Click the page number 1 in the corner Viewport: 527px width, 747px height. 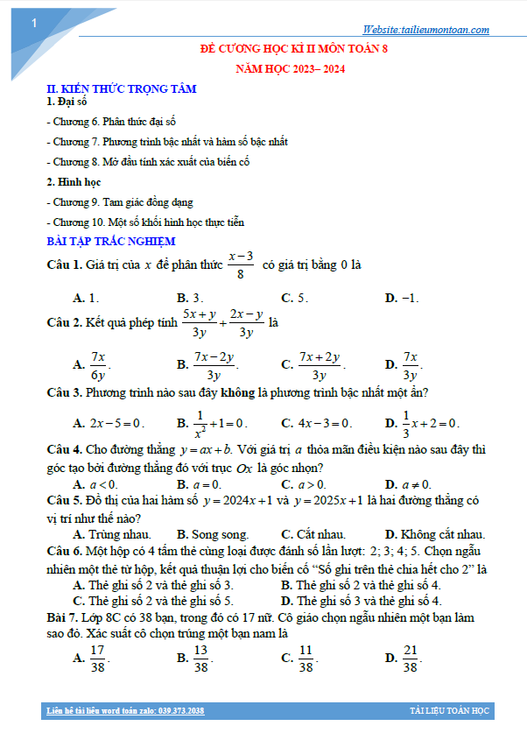click(x=32, y=24)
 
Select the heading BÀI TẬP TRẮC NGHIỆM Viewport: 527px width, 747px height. click(x=111, y=241)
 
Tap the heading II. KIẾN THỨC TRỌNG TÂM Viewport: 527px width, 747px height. click(x=121, y=88)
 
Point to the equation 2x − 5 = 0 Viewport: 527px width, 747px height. click(x=116, y=423)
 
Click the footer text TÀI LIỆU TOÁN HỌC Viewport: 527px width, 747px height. click(x=448, y=710)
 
